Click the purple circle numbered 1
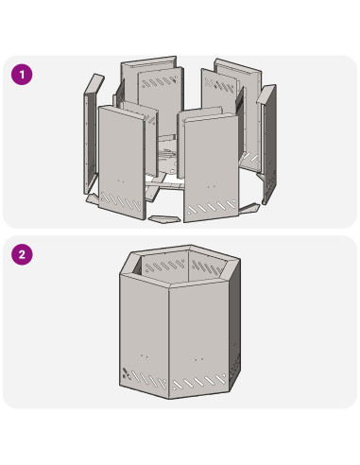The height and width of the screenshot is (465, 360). coord(22,75)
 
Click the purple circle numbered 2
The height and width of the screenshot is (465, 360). coord(22,254)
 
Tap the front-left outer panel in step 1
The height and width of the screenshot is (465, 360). coord(122,163)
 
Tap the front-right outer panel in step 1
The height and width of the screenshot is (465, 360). coord(211,167)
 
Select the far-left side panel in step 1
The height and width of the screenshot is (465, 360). coord(91,135)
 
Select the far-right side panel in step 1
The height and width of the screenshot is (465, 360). coord(268,144)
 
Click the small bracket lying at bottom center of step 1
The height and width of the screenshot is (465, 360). coord(165,219)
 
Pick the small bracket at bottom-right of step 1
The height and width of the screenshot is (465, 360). coord(250,208)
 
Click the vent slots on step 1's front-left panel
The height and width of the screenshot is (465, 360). coord(121,201)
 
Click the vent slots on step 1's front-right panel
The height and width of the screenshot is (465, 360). coord(211,207)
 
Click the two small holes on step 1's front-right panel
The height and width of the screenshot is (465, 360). coord(212,186)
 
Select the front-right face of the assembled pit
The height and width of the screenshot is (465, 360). coord(199,338)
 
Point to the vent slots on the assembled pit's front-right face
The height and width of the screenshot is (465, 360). coord(199,381)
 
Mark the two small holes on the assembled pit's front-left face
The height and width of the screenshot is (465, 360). coord(145,355)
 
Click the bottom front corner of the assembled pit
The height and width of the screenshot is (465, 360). coord(169,399)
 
